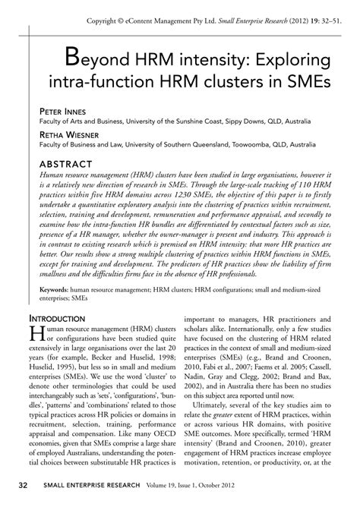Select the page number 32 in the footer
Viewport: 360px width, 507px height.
coord(24,484)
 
